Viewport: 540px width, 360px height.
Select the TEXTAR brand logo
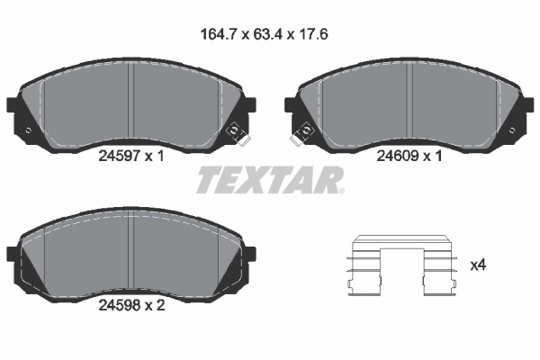(270, 180)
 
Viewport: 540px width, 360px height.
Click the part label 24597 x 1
(130, 155)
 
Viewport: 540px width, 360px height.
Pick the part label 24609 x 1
(409, 155)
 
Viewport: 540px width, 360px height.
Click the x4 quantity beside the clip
(479, 265)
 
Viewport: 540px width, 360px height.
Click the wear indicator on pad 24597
(238, 133)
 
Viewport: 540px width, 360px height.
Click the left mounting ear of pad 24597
(16, 105)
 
